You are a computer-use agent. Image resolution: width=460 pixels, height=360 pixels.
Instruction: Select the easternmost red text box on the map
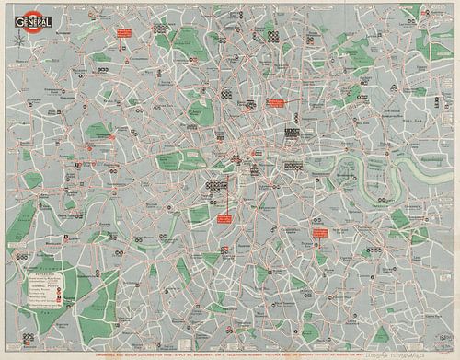click(x=319, y=233)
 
